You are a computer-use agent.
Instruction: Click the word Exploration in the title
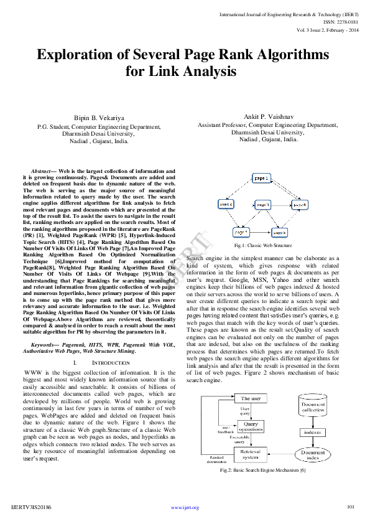point(74,55)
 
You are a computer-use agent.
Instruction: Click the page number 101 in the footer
point(350,507)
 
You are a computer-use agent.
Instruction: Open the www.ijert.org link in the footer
point(185,508)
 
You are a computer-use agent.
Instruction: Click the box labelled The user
point(251,398)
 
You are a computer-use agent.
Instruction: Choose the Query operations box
point(251,427)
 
